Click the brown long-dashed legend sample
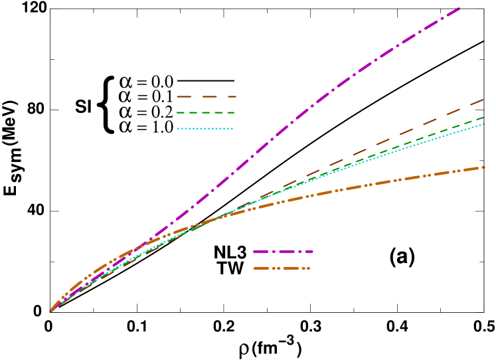[x=206, y=97]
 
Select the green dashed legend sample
[x=205, y=113]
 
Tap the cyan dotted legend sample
[x=205, y=129]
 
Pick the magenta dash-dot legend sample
[x=283, y=252]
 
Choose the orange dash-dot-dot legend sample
[x=282, y=268]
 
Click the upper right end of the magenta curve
[x=459, y=7]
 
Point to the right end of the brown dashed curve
[x=483, y=100]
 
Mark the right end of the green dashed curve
[x=483, y=118]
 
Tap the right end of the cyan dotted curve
[x=483, y=124]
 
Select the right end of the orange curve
[x=484, y=167]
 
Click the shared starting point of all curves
[x=50, y=311]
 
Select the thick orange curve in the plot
[x=372, y=183]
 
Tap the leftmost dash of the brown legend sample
[x=183, y=97]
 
